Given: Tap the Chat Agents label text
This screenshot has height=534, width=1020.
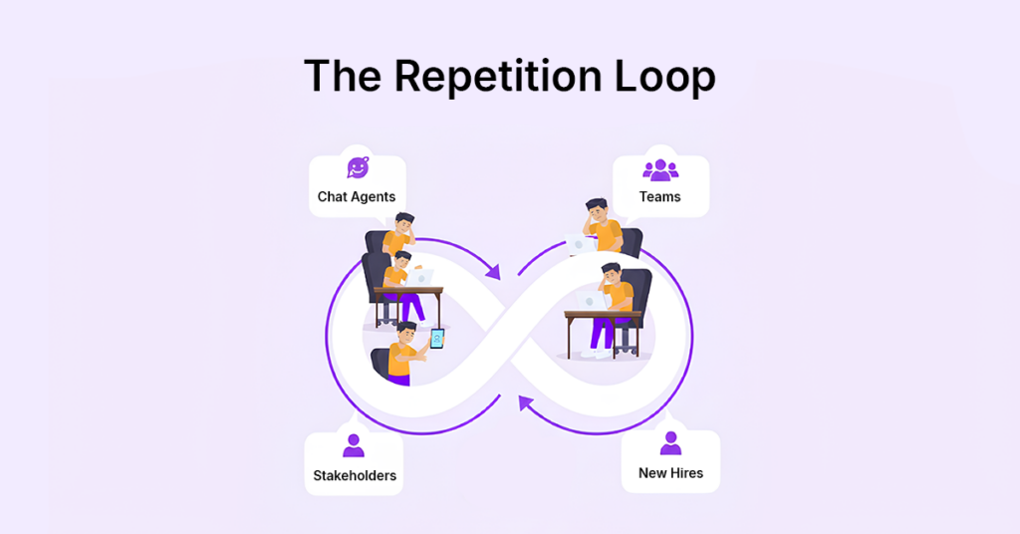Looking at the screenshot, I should point(357,196).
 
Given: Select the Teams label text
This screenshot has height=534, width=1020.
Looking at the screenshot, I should point(659,196).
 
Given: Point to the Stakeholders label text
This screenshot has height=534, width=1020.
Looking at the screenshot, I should point(355,475).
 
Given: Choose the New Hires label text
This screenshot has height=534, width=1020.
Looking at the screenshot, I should point(670,472).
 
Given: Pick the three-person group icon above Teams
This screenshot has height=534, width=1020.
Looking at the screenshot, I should point(659,170).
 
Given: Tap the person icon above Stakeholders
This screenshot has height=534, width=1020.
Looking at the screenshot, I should point(354,445).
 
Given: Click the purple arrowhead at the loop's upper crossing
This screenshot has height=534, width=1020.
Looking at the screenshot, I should point(491,269).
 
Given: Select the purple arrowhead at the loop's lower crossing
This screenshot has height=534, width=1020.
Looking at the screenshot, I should point(525,402).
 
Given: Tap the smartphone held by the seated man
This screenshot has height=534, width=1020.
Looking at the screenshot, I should point(436,339).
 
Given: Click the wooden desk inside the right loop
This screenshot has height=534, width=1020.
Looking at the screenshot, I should point(602,317).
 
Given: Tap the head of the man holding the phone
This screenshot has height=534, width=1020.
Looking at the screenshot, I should point(404,332).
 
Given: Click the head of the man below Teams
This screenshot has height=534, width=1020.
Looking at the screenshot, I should point(596,211).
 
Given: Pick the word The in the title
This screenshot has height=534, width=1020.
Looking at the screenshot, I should point(343,77).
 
